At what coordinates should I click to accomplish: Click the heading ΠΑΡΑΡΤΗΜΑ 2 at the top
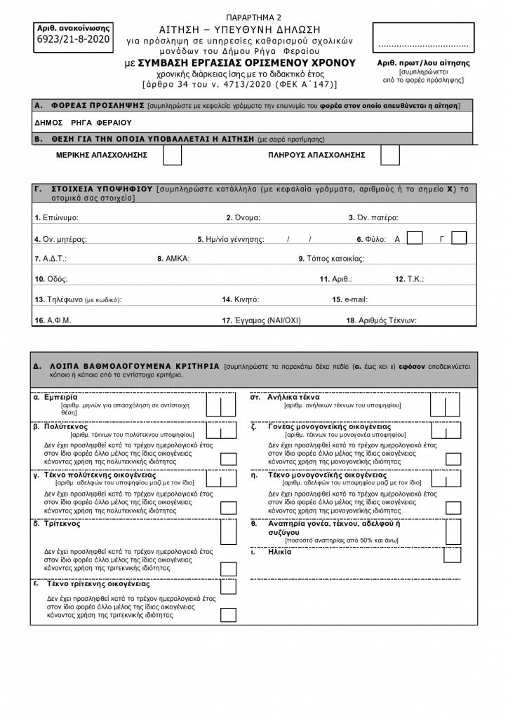[253, 17]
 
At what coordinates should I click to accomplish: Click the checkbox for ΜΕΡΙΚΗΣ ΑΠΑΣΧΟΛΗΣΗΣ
[171, 155]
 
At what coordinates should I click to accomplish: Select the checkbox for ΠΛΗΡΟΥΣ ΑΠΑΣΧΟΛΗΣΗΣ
[389, 155]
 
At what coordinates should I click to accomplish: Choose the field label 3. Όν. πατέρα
[373, 218]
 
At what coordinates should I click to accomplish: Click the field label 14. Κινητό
[237, 299]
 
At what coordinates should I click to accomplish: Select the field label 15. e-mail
[349, 299]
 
